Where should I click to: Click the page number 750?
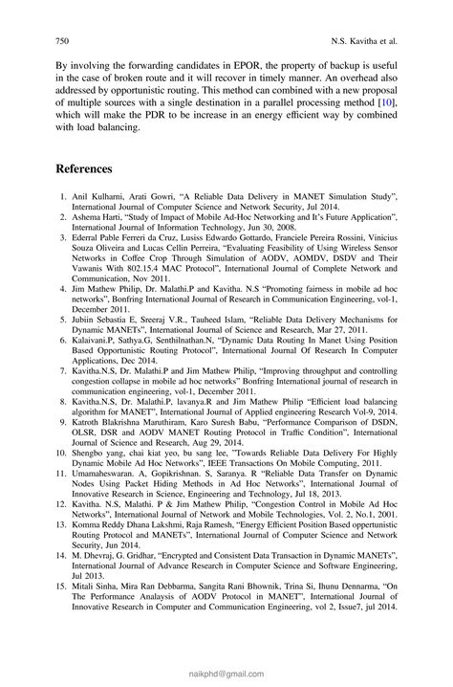tap(54, 42)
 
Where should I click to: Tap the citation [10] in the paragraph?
tap(386, 100)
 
